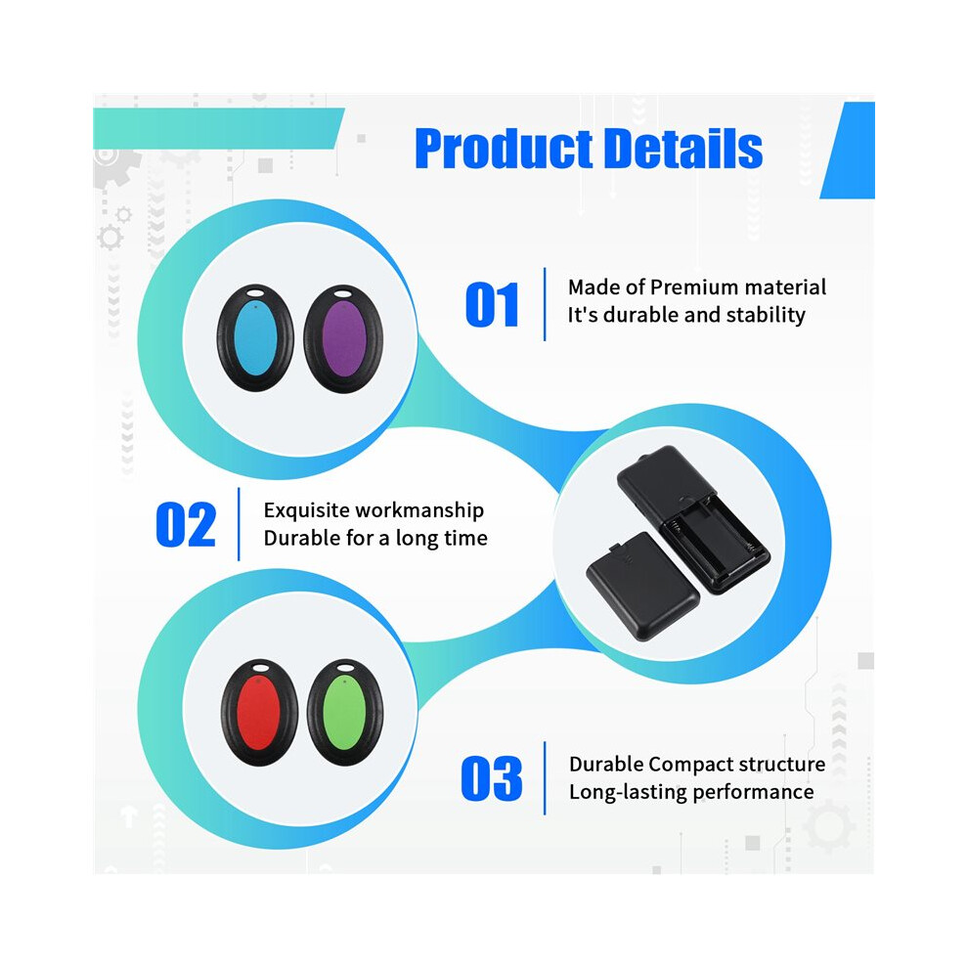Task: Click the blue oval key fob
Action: tap(255, 337)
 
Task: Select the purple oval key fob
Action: tap(343, 338)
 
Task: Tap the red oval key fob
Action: tap(259, 713)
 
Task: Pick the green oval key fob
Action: tap(345, 713)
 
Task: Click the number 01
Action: tap(492, 304)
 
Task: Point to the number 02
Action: tap(186, 525)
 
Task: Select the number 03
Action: tap(492, 778)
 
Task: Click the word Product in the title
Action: tap(502, 149)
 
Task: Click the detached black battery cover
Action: tap(642, 587)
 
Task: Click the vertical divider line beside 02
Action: tap(239, 524)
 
